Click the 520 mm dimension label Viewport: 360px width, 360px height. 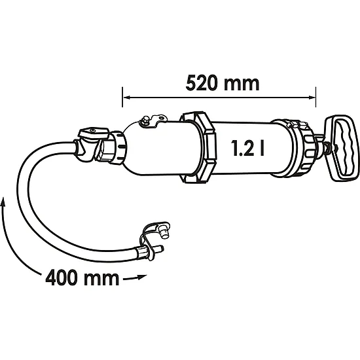click(223, 82)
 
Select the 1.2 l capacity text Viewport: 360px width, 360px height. click(248, 149)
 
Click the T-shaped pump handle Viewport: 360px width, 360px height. click(342, 148)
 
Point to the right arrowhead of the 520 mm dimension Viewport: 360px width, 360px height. click(312, 98)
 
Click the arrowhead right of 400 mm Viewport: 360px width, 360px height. click(142, 276)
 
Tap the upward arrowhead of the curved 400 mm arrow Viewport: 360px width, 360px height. click(3, 202)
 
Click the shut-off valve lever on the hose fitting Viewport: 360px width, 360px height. click(94, 133)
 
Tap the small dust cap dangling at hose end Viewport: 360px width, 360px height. click(164, 232)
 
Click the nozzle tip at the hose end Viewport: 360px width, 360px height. click(159, 249)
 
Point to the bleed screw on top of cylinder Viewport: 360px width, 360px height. click(145, 120)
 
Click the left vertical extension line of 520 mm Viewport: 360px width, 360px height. click(122, 97)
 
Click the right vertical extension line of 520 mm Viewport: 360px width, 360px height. click(315, 97)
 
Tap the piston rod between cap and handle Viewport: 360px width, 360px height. click(321, 143)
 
